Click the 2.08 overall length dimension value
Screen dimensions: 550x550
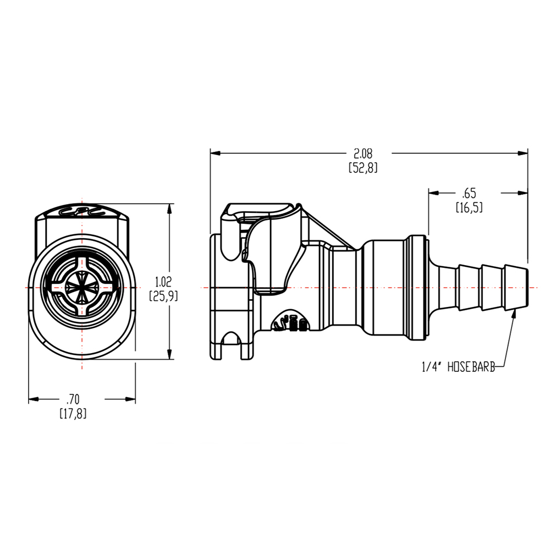(362, 153)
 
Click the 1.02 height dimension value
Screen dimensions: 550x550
(163, 282)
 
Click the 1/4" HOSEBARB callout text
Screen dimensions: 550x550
(458, 367)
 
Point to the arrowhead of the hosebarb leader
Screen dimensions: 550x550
(514, 313)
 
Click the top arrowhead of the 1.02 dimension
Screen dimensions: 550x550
(169, 208)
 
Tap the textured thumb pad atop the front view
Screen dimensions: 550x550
(82, 211)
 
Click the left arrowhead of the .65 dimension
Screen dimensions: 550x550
(433, 193)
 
